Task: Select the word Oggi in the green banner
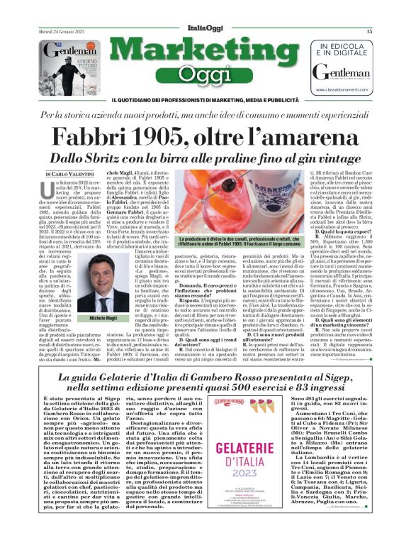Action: coord(205,74)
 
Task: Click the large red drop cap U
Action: coord(49,192)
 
